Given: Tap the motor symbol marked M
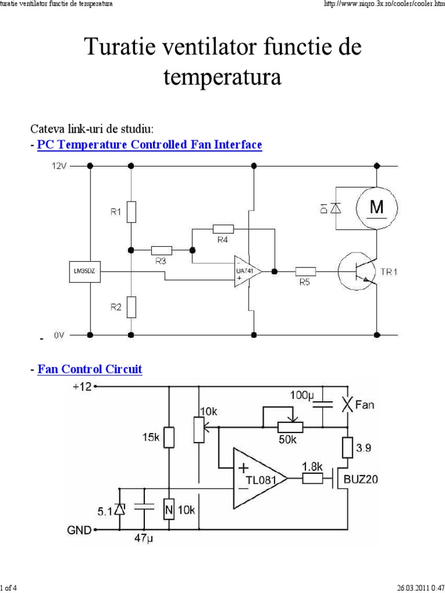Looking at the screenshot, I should [376, 207].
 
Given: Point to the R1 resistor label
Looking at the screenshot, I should [116, 212].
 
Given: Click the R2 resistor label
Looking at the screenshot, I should [116, 308].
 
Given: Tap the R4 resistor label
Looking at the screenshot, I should [223, 239].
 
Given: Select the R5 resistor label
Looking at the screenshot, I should [305, 282].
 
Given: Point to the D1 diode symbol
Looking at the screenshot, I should [334, 207].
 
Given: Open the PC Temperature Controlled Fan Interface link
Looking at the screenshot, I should [149, 145].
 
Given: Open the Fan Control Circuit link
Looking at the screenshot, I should [90, 369].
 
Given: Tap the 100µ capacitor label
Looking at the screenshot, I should [301, 396].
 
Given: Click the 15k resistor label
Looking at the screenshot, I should [151, 438].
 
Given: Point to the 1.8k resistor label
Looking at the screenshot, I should [312, 467].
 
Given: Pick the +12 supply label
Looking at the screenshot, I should [82, 387].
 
